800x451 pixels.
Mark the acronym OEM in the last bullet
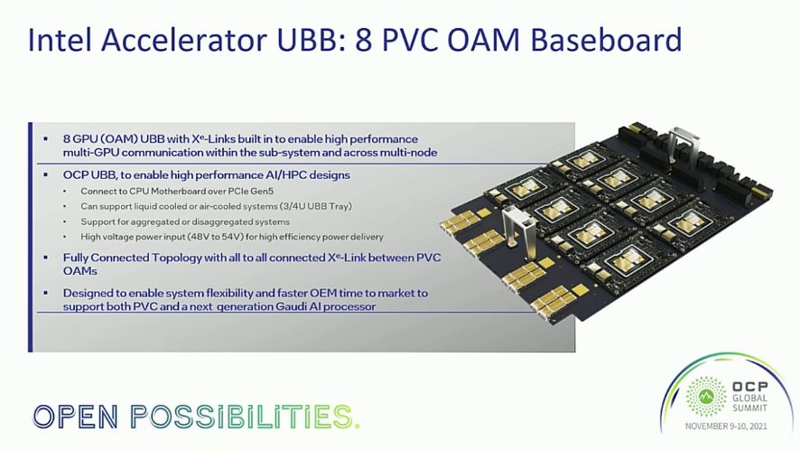click(321, 294)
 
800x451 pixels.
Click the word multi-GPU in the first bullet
click(95, 153)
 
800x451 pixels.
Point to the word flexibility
click(235, 294)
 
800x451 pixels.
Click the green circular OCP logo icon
click(705, 393)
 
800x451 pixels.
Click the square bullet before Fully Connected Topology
click(44, 258)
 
